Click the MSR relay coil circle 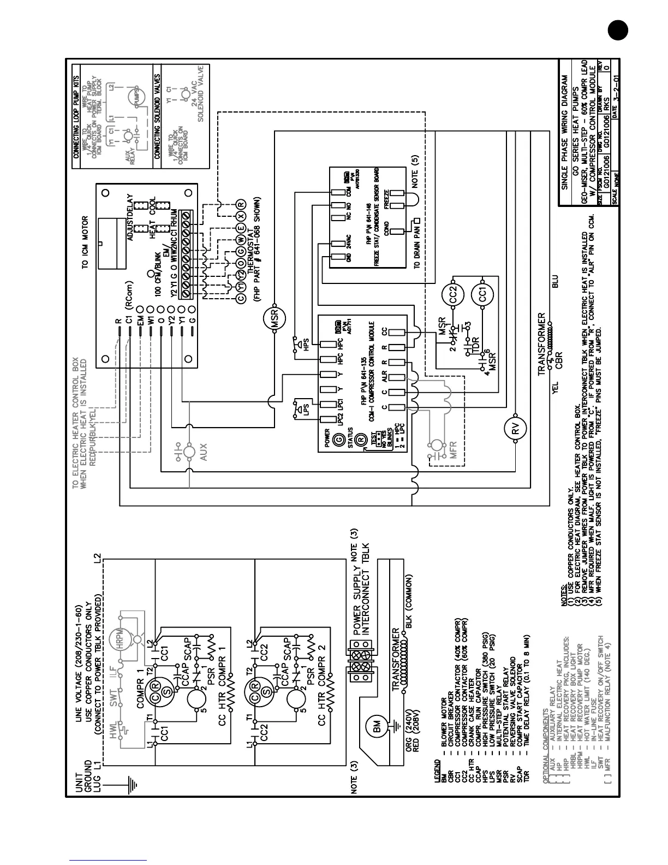click(275, 319)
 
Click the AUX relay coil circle click(189, 452)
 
